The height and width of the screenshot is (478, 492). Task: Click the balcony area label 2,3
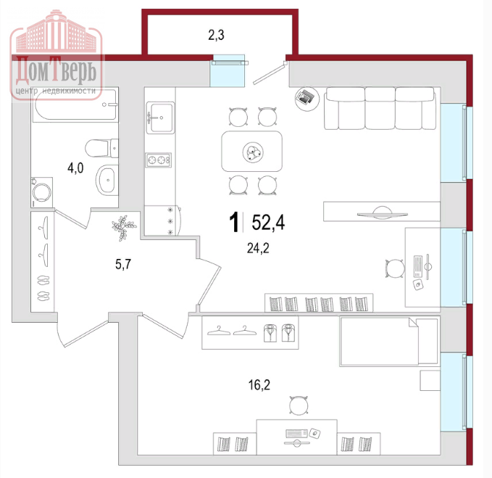216,35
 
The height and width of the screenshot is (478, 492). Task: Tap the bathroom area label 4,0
75,168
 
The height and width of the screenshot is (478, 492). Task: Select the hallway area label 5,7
123,264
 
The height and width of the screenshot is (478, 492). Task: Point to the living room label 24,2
258,248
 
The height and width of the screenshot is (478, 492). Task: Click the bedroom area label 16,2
259,384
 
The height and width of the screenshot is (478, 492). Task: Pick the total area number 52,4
268,222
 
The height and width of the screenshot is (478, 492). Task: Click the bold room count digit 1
234,222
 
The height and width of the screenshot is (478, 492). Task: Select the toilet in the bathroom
101,148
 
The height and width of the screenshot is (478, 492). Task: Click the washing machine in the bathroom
41,192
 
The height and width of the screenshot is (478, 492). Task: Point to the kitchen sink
160,118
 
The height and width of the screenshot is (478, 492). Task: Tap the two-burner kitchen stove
158,160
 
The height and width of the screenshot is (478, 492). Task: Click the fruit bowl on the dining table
253,152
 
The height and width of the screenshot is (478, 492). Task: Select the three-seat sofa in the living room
380,108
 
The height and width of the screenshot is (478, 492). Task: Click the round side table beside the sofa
307,99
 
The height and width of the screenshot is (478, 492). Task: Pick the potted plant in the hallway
124,227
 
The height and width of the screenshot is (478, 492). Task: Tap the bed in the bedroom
389,342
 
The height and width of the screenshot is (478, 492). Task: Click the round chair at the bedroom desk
299,405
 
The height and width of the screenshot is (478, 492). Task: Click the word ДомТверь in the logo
57,70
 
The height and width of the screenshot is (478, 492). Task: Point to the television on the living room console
382,213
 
